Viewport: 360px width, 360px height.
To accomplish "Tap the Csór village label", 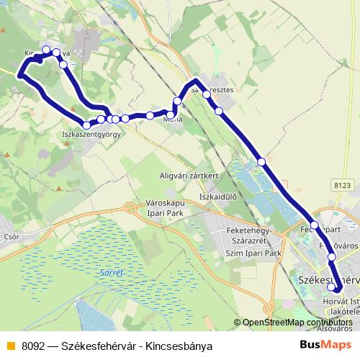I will pos(11,235).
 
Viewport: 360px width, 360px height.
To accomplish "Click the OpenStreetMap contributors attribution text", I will pos(297,323).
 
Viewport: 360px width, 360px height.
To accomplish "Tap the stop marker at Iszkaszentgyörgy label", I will pos(87,126).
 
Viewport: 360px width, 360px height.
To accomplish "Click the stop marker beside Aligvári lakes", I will pos(261,162).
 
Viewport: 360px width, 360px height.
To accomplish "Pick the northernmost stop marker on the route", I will pos(47,50).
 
